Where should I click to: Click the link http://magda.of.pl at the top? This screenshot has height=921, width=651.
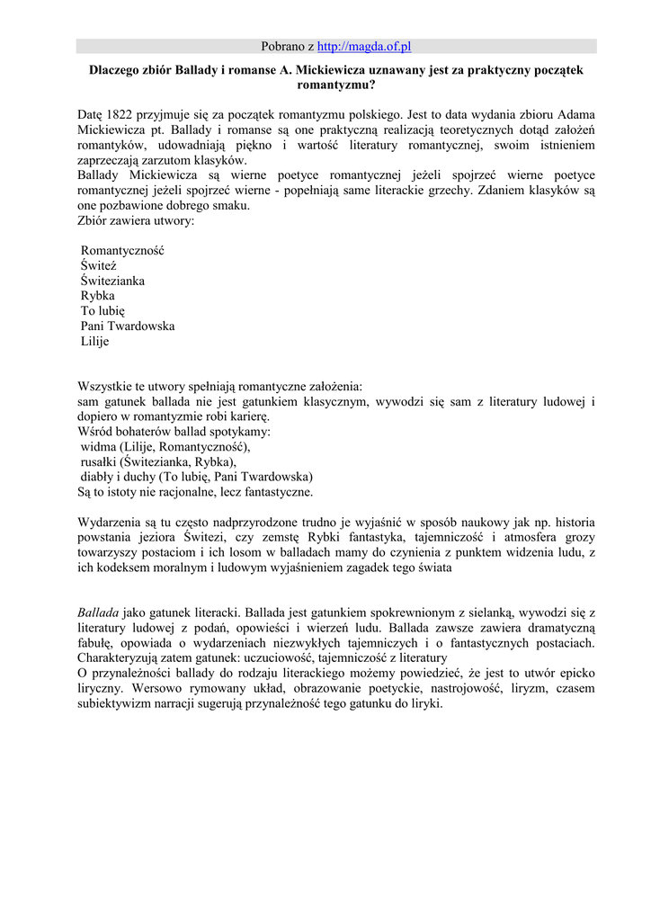(x=364, y=46)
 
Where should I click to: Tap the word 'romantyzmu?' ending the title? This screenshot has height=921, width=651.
(x=335, y=86)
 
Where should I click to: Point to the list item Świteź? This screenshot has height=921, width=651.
(x=99, y=266)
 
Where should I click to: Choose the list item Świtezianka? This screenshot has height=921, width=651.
(x=112, y=282)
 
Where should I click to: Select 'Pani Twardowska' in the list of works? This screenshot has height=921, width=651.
(x=128, y=326)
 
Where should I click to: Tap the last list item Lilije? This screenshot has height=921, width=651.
(x=94, y=342)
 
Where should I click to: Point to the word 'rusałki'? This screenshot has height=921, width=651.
(x=99, y=462)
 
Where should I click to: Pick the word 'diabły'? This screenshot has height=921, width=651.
(x=98, y=477)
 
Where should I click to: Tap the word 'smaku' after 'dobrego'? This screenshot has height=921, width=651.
(x=232, y=206)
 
